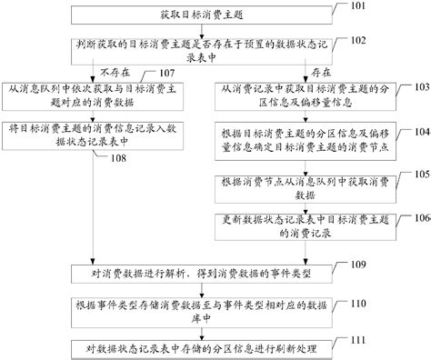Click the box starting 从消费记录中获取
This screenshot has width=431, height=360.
click(306, 94)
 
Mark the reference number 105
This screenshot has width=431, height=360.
click(416, 174)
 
